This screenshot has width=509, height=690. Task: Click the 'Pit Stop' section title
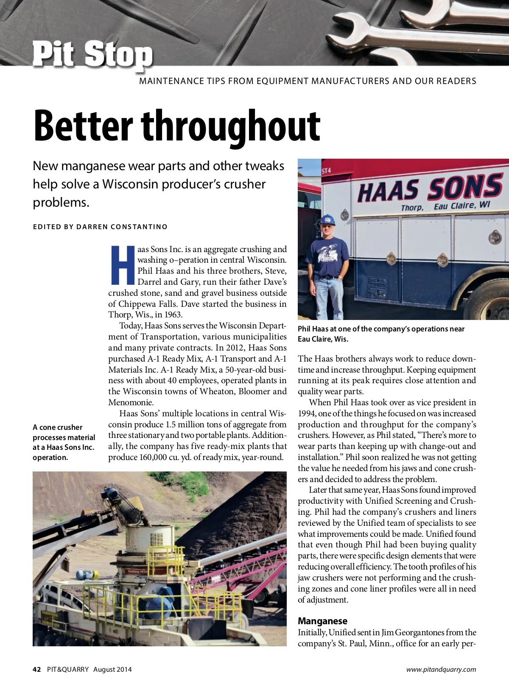pos(92,54)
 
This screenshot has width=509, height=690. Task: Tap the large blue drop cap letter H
pos(122,265)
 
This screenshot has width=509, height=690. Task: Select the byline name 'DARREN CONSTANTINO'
pos(122,227)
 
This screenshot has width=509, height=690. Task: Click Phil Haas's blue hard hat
pos(327,220)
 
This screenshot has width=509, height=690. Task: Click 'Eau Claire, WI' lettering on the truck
pos(461,205)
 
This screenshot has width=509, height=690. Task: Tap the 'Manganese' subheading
pos(322,621)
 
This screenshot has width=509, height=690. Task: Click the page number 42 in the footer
pos(37,669)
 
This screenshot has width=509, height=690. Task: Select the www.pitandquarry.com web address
pos(441,669)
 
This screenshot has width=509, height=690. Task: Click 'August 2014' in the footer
pos(112,669)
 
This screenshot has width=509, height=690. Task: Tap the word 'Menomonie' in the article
pos(130,402)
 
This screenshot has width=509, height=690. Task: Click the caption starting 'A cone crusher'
pos(64,442)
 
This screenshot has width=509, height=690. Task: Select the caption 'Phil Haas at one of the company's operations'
pos(381,334)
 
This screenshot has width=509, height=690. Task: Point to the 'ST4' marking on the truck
pos(326,171)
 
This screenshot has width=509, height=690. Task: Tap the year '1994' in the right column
pos(306,413)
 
